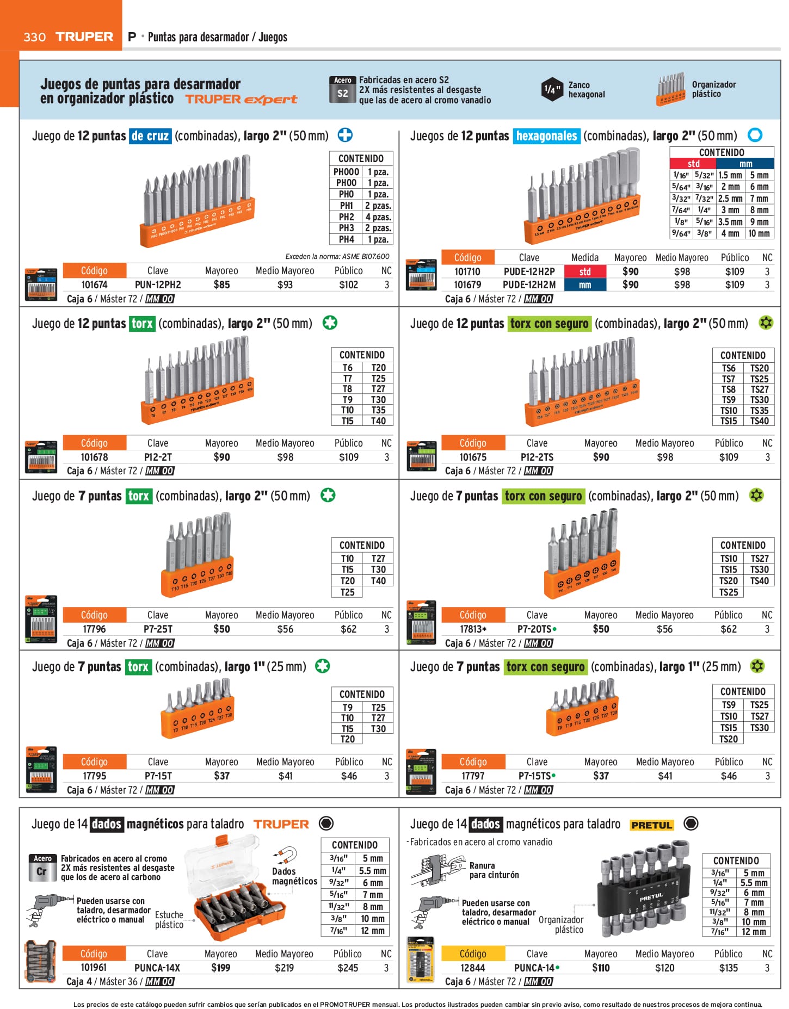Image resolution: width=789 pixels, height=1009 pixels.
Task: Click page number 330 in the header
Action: point(34,37)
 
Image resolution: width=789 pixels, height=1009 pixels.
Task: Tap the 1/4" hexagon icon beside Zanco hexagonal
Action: point(552,89)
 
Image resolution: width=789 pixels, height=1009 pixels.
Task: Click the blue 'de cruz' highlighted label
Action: point(150,135)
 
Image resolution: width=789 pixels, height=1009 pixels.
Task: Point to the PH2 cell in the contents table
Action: point(346,217)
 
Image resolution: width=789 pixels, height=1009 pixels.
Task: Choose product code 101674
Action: point(94,284)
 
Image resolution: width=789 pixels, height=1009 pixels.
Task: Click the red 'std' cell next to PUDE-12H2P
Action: point(584,271)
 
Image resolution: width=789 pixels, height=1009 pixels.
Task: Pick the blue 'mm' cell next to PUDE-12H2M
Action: point(584,284)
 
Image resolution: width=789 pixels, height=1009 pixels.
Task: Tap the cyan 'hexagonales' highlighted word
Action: point(546,135)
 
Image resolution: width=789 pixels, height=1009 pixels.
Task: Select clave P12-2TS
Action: point(537,457)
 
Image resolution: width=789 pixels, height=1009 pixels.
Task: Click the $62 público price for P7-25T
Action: point(348,629)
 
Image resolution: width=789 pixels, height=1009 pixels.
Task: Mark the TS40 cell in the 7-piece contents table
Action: point(759,581)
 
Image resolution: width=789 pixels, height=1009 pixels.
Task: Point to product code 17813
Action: point(472,629)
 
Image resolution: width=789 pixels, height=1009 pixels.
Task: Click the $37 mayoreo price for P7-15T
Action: point(221,776)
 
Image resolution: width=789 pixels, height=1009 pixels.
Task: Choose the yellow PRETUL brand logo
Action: point(651,825)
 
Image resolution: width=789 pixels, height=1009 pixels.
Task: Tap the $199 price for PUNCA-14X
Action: point(220,968)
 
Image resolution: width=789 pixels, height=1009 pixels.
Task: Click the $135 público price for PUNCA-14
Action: point(728,968)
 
